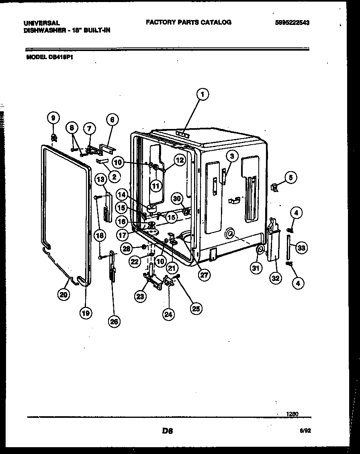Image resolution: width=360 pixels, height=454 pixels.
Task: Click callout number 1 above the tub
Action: pyautogui.click(x=203, y=95)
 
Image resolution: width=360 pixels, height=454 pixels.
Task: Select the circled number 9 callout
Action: pyautogui.click(x=53, y=118)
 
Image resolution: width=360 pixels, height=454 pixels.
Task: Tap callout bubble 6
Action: pyautogui.click(x=112, y=119)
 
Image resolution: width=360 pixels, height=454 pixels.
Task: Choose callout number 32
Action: pyautogui.click(x=275, y=278)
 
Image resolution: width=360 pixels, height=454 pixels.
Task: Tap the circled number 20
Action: pyautogui.click(x=63, y=295)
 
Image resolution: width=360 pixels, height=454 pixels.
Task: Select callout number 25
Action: pyautogui.click(x=196, y=308)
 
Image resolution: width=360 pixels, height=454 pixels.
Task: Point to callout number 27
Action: pyautogui.click(x=204, y=275)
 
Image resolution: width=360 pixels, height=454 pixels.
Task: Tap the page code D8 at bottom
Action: pyautogui.click(x=168, y=431)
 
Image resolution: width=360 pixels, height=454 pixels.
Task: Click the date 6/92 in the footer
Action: pyautogui.click(x=306, y=430)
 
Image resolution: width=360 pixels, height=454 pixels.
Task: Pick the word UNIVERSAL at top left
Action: pyautogui.click(x=42, y=23)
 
